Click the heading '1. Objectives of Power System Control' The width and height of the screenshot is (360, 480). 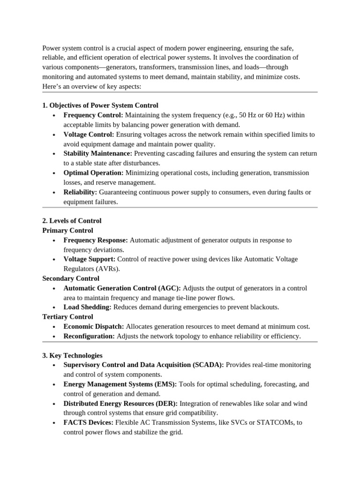pyautogui.click(x=100, y=105)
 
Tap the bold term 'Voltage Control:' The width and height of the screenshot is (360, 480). pyautogui.click(x=89, y=135)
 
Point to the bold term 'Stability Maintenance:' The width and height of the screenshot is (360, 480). pyautogui.click(x=98, y=154)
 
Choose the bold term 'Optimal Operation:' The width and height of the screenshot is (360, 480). pyautogui.click(x=93, y=173)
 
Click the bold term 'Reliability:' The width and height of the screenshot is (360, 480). pyautogui.click(x=80, y=192)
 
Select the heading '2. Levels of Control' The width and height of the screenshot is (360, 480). pyautogui.click(x=72, y=221)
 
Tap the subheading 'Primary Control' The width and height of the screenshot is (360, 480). pyautogui.click(x=67, y=231)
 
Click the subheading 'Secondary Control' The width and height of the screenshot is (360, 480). pyautogui.click(x=71, y=278)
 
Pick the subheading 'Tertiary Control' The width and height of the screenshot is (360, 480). pyautogui.click(x=67, y=317)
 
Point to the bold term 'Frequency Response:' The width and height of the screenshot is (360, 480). pyautogui.click(x=96, y=240)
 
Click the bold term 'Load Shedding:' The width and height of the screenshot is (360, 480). pyautogui.click(x=87, y=307)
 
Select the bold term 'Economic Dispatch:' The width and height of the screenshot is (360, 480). pyautogui.click(x=94, y=327)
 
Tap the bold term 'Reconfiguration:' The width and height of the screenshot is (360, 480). pyautogui.click(x=89, y=337)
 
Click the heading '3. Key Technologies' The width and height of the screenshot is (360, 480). pyautogui.click(x=72, y=356)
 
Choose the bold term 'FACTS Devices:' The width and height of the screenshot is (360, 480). pyautogui.click(x=89, y=423)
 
